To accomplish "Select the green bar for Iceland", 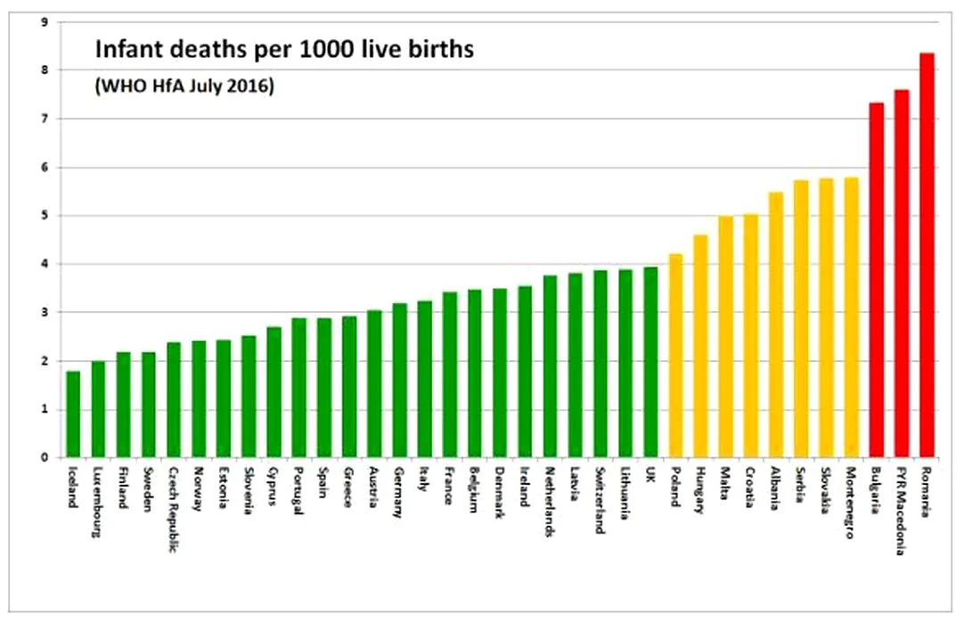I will (73, 414).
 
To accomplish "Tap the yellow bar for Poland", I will (676, 356).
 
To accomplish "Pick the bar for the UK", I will (651, 362).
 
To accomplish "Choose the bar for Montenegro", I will (852, 317).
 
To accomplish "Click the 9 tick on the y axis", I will (44, 21).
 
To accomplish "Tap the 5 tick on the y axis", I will (44, 216).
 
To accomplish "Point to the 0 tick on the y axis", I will (44, 458).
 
